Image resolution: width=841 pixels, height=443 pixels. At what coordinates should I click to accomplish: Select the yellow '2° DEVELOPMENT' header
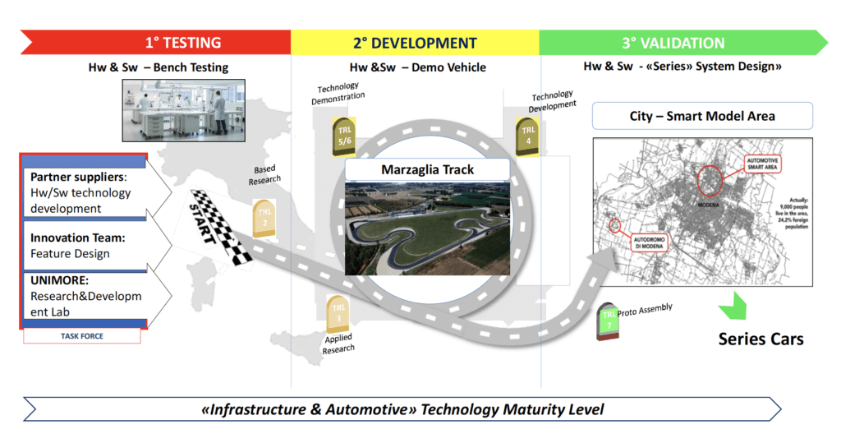point(415,43)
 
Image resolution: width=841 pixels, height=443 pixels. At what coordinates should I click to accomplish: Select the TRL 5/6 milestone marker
point(342,135)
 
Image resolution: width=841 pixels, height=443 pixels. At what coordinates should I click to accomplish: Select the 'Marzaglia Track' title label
point(427,170)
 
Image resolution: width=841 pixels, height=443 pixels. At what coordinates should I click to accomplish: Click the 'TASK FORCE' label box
point(81,336)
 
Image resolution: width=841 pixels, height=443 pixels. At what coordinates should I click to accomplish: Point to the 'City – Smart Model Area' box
point(702,116)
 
